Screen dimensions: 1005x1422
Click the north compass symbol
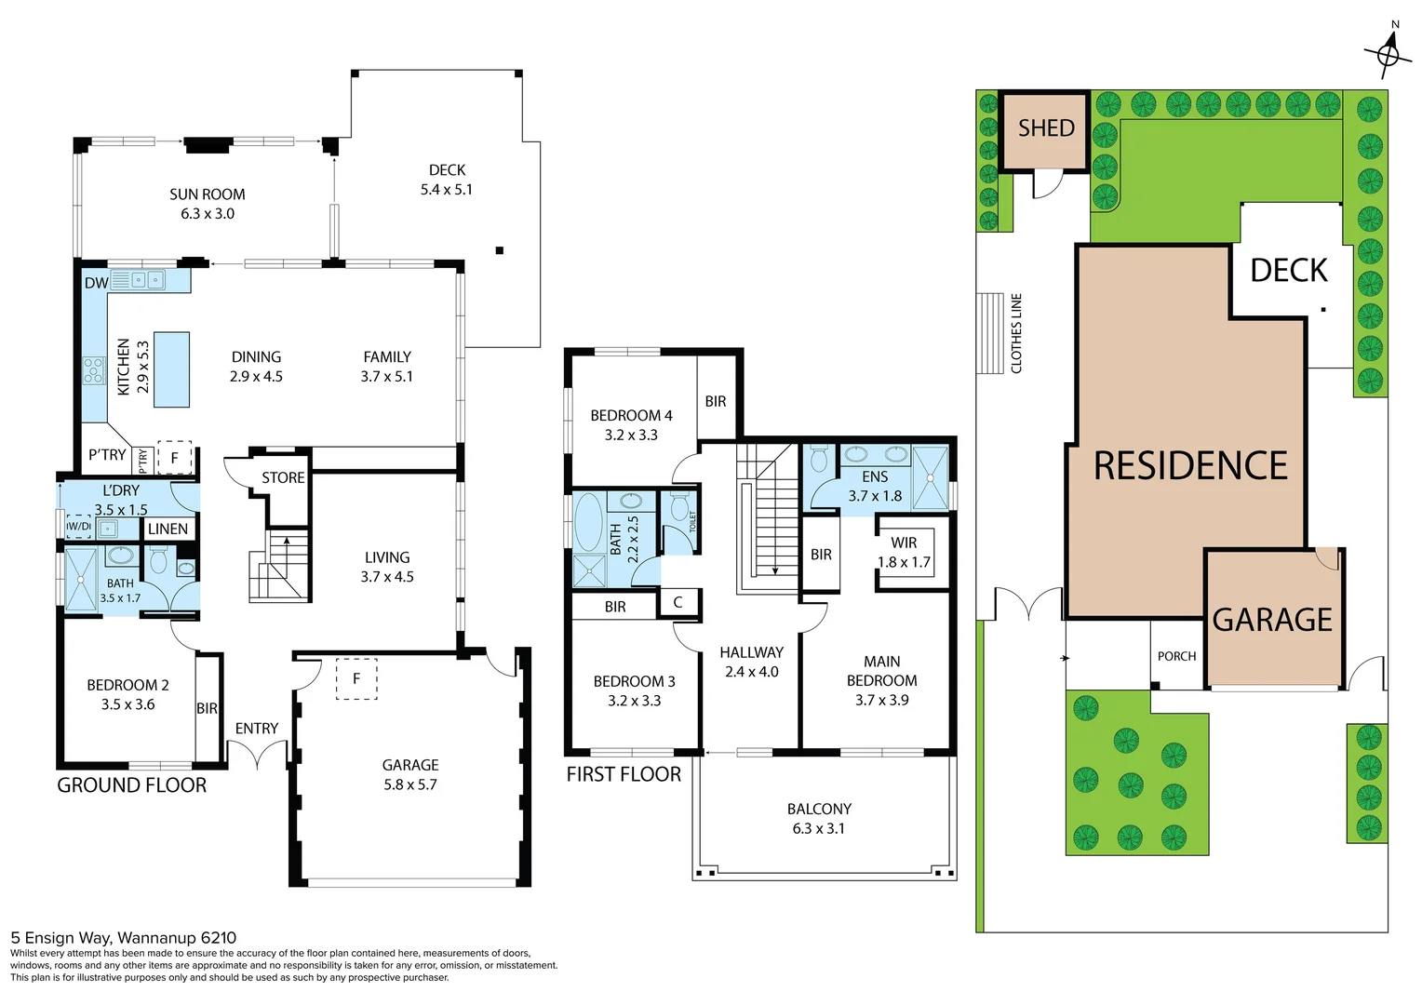1388,54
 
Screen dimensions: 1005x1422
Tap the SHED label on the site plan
1046,128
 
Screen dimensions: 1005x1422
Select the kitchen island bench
171,369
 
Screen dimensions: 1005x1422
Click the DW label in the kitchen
96,283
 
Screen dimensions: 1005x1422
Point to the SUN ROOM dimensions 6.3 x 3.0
208,214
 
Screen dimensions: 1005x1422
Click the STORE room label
283,477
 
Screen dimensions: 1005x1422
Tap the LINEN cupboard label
168,529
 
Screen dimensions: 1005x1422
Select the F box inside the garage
355,678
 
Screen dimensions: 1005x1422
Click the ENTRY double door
258,754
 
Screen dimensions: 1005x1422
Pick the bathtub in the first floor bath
588,522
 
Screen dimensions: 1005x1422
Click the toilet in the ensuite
819,459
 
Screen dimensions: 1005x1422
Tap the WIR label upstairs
904,543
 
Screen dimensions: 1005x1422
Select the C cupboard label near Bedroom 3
677,602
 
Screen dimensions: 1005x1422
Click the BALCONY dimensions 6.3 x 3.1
819,828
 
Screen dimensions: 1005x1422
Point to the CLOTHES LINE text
1016,333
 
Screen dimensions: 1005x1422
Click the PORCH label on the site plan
1176,656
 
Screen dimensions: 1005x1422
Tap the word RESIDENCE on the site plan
1190,465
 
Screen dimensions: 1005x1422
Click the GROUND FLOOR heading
132,785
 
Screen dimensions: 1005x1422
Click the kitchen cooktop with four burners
94,370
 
